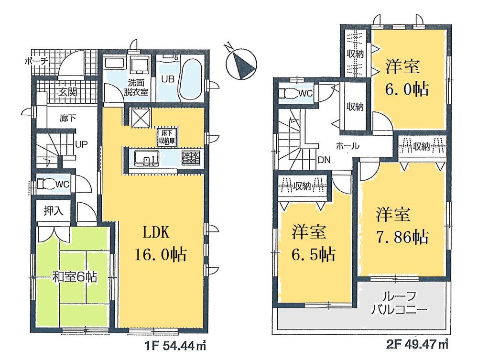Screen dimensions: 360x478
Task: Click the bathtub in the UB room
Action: pyautogui.click(x=190, y=78)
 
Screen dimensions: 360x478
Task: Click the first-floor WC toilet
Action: pyautogui.click(x=46, y=184)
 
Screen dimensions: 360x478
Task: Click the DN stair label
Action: pyautogui.click(x=324, y=160)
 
